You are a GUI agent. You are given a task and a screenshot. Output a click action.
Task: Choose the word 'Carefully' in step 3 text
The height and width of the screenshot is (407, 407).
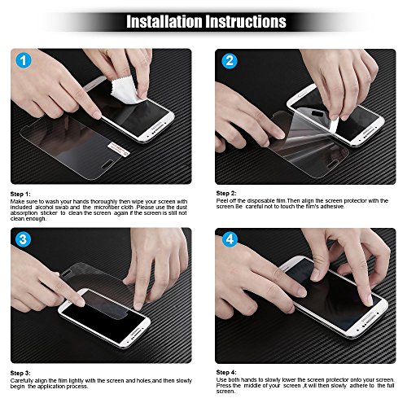pos(24,379)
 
